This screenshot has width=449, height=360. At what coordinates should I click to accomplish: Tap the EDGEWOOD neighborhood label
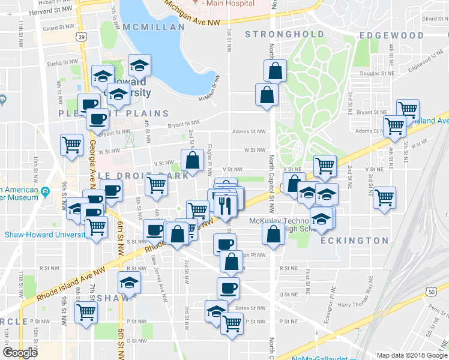point(391,35)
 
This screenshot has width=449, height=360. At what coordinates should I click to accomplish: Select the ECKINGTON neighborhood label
point(354,241)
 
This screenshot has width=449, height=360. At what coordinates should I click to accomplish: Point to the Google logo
point(20,352)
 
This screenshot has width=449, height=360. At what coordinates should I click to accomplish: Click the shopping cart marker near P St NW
point(232,324)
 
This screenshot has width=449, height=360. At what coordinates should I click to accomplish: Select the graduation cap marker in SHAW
point(129,282)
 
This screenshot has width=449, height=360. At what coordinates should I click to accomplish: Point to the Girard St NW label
point(58,28)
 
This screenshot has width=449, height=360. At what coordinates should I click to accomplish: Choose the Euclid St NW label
point(64,62)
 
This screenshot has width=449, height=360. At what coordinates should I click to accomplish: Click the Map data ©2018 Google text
point(411,355)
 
